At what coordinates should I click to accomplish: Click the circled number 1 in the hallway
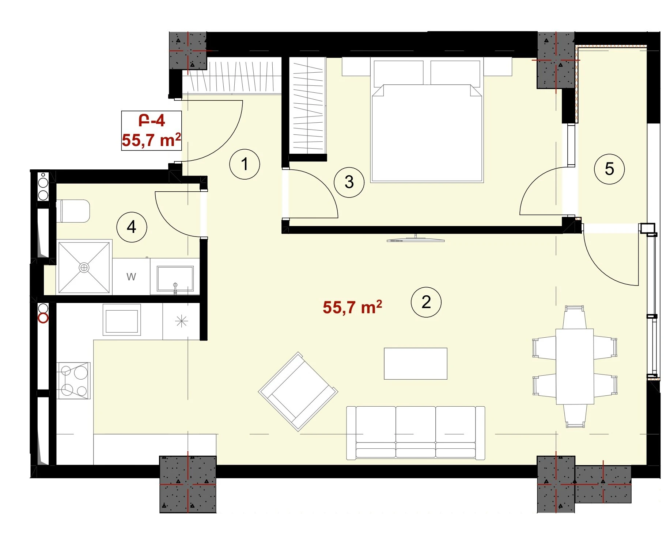(x=245, y=164)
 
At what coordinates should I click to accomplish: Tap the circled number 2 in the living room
(x=426, y=302)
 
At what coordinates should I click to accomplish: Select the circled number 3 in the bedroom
(x=349, y=182)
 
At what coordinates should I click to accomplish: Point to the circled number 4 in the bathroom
(x=132, y=227)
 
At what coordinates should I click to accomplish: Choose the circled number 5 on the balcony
(x=609, y=169)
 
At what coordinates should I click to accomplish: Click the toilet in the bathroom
(x=73, y=211)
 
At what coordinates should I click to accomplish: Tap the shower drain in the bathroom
(x=84, y=268)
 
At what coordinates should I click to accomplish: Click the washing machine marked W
(x=131, y=276)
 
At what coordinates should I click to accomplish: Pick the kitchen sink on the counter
(x=122, y=320)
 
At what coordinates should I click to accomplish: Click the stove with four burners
(x=73, y=381)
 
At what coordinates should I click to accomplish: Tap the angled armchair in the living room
(x=298, y=391)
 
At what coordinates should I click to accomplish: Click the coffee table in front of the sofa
(x=415, y=364)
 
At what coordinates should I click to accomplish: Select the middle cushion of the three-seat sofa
(x=416, y=432)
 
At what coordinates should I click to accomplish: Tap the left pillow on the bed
(x=398, y=73)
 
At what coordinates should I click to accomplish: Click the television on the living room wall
(x=416, y=239)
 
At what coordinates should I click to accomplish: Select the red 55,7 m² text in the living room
(x=352, y=307)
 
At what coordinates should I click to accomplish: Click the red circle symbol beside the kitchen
(x=43, y=318)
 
